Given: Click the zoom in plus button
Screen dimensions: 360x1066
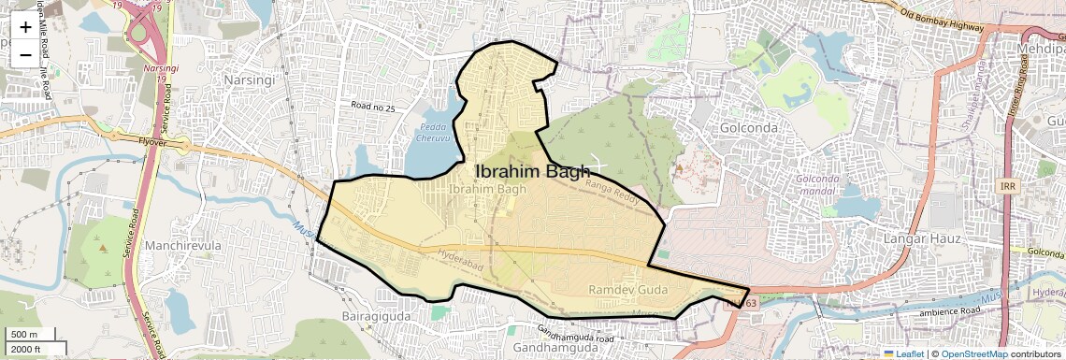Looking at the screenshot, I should pyautogui.click(x=25, y=27).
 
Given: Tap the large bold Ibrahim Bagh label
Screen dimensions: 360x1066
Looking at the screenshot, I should pyautogui.click(x=533, y=171).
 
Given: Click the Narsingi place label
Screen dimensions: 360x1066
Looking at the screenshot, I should pyautogui.click(x=248, y=79).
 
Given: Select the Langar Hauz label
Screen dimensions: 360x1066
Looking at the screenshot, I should pyautogui.click(x=924, y=239).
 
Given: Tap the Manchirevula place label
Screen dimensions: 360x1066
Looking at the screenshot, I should pyautogui.click(x=182, y=246).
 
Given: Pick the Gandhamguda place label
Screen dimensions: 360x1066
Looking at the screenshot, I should pyautogui.click(x=550, y=347).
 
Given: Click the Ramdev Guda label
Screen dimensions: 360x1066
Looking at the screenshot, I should pyautogui.click(x=627, y=290).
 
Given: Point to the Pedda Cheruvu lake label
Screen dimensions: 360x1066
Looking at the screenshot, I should pyautogui.click(x=433, y=131).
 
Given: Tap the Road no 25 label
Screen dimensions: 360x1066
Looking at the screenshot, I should pyautogui.click(x=373, y=108).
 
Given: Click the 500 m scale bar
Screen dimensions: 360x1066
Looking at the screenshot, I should pyautogui.click(x=25, y=335).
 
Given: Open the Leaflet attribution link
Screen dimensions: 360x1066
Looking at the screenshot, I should pyautogui.click(x=903, y=353).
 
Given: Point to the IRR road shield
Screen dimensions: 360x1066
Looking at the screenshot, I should pyautogui.click(x=1006, y=186).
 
